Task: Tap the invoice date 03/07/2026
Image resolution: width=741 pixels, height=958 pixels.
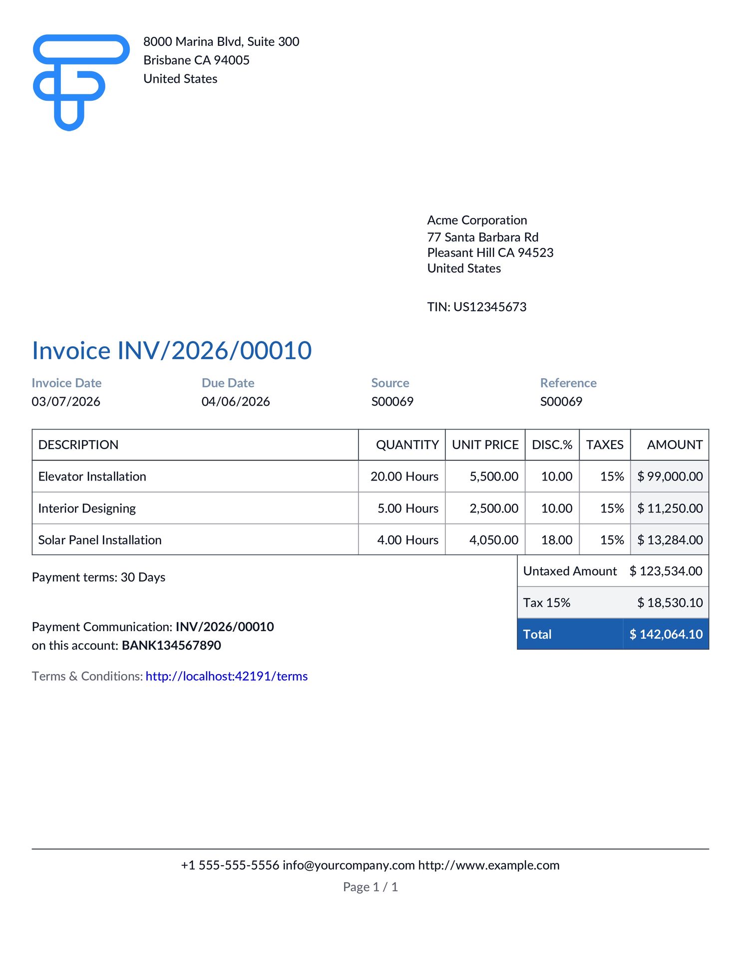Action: tap(66, 402)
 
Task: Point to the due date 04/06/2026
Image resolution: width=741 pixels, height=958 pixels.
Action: tap(236, 402)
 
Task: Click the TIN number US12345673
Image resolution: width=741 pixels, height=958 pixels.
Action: tap(490, 307)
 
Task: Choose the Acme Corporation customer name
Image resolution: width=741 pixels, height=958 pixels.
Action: tap(477, 220)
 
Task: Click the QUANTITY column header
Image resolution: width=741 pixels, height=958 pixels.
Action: tap(407, 445)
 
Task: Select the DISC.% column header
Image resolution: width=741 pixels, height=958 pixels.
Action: tap(552, 445)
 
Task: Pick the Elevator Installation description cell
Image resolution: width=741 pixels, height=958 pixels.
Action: tap(92, 477)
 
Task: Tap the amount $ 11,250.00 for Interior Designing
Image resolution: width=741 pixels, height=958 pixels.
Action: tap(670, 508)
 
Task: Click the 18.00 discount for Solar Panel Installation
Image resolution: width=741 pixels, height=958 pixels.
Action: tap(557, 540)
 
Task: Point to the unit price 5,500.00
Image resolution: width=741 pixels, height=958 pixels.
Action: tap(494, 477)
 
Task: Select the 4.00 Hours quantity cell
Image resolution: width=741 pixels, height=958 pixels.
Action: tap(407, 540)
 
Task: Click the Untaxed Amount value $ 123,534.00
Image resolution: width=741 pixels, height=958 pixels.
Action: tap(666, 571)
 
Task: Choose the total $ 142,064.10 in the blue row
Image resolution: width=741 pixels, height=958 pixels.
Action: tap(666, 634)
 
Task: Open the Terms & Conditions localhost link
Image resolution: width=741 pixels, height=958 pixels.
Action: tap(227, 676)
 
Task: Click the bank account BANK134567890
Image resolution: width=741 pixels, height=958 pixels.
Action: tap(171, 645)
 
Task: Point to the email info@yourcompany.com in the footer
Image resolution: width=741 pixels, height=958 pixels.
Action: tap(349, 865)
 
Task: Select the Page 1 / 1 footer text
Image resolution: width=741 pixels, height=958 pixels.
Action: tap(370, 887)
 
